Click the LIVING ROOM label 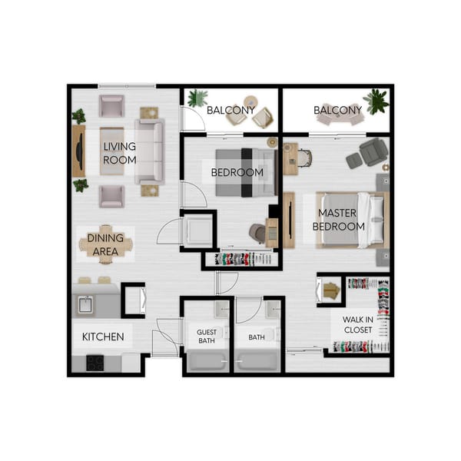(120, 153)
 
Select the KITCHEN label (103, 337)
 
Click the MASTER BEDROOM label (341, 219)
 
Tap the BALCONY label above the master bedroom (337, 111)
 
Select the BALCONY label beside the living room (230, 111)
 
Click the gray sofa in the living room (150, 151)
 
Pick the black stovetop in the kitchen (95, 362)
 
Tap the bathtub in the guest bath (206, 360)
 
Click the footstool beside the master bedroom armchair (354, 161)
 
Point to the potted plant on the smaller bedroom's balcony (197, 98)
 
